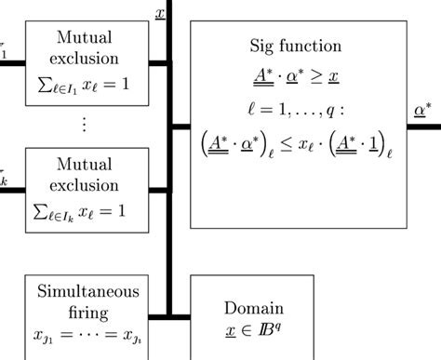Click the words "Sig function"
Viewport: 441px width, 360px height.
pyautogui.click(x=297, y=46)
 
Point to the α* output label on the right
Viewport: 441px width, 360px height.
pyautogui.click(x=421, y=111)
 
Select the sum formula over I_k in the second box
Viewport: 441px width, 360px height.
pyautogui.click(x=84, y=211)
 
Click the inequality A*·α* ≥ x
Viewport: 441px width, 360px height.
pyautogui.click(x=297, y=73)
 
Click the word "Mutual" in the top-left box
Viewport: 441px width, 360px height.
pyautogui.click(x=85, y=38)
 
